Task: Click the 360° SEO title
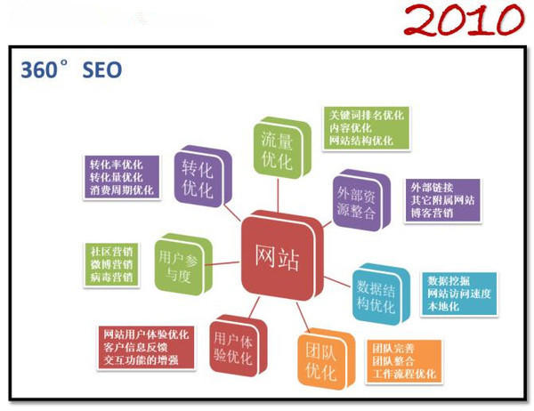point(71,69)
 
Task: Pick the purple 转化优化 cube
point(200,176)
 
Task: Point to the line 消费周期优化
point(121,190)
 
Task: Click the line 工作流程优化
point(405,375)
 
